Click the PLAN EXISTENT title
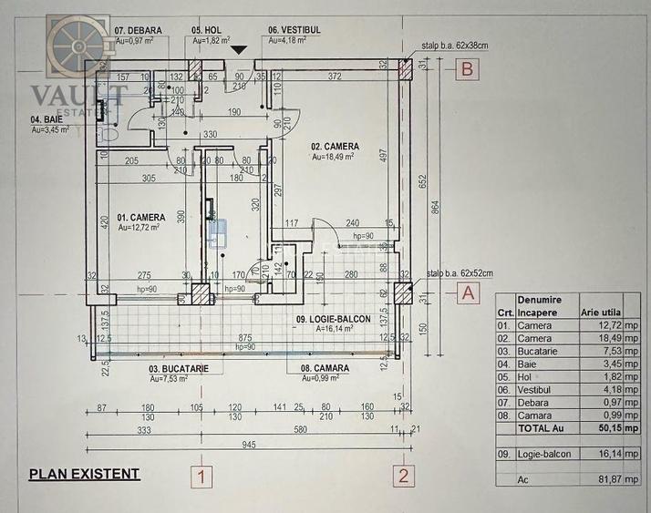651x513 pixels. click(84, 474)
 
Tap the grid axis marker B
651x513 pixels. click(466, 68)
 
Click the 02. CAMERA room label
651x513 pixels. click(335, 146)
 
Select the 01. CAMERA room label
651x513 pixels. click(140, 217)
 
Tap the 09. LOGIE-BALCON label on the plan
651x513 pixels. click(326, 319)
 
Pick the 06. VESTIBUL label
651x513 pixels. click(294, 29)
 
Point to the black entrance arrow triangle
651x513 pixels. click(240, 49)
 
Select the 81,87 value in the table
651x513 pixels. click(596, 478)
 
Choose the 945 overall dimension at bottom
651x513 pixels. click(248, 445)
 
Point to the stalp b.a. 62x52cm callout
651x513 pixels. click(456, 272)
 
